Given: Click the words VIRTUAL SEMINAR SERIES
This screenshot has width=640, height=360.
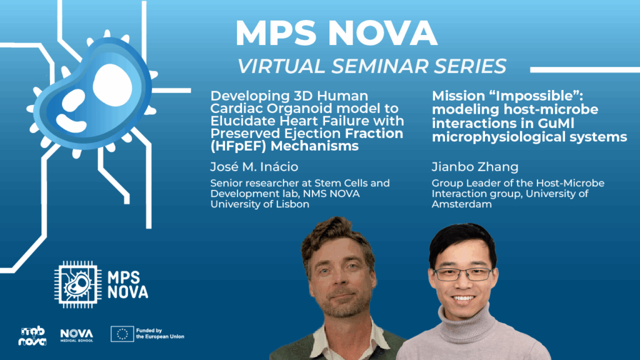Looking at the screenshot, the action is click(372, 66).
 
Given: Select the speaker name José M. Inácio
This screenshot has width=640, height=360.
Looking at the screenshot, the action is click(254, 166).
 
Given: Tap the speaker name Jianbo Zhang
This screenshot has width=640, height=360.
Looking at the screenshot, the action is click(475, 167).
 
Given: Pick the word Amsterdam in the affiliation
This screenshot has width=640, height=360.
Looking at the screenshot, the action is click(462, 204).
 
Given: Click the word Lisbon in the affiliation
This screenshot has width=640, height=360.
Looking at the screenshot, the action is click(292, 204).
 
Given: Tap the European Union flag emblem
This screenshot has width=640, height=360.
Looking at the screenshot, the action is click(122, 334).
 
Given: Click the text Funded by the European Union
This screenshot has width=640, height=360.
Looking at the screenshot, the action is click(160, 334).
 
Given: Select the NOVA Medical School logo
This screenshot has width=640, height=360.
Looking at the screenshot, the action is click(77, 335).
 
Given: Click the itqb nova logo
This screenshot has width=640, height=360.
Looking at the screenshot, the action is click(32, 336).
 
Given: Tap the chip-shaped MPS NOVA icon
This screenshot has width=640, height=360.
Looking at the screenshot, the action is click(78, 284).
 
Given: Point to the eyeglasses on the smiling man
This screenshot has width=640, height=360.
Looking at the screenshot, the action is click(463, 274).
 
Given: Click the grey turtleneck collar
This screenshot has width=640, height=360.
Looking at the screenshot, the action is click(467, 321).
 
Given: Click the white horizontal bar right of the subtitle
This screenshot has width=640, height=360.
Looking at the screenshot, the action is click(585, 70).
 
